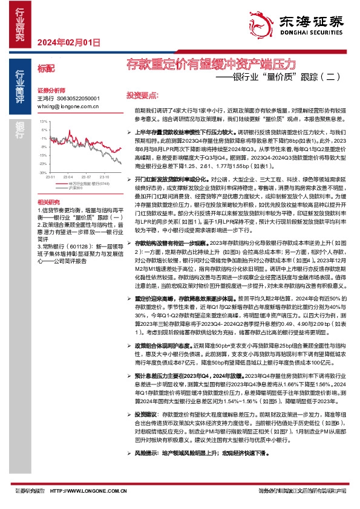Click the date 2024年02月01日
tap(68, 42)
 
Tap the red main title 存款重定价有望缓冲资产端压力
tap(211, 63)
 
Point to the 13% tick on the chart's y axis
tap(42, 122)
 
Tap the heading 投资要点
tap(141, 96)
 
